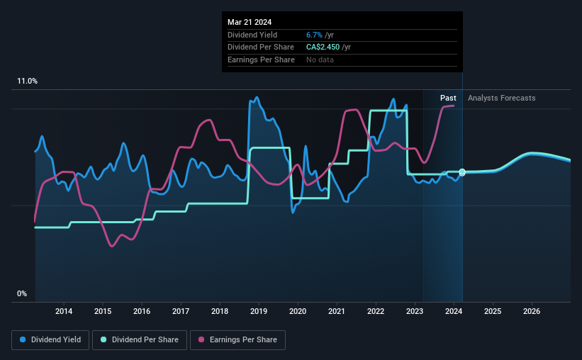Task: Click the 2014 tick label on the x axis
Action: click(x=64, y=311)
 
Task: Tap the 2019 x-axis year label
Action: click(x=259, y=311)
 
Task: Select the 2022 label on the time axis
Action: click(x=376, y=311)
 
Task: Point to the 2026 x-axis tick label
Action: click(x=532, y=311)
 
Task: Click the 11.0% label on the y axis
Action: click(x=27, y=81)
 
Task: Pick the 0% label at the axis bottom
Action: click(x=22, y=294)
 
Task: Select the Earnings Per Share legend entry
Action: click(x=238, y=340)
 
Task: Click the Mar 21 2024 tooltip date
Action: click(x=250, y=21)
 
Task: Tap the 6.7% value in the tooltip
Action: click(x=314, y=35)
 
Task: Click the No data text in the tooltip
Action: click(x=320, y=60)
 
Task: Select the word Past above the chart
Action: click(x=448, y=98)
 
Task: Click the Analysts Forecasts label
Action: click(x=502, y=98)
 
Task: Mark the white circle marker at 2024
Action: click(x=462, y=172)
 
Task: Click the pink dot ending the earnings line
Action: click(x=453, y=106)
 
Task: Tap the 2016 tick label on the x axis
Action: click(x=142, y=311)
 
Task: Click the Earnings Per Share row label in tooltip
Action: click(x=261, y=60)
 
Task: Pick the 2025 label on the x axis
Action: click(x=493, y=311)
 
